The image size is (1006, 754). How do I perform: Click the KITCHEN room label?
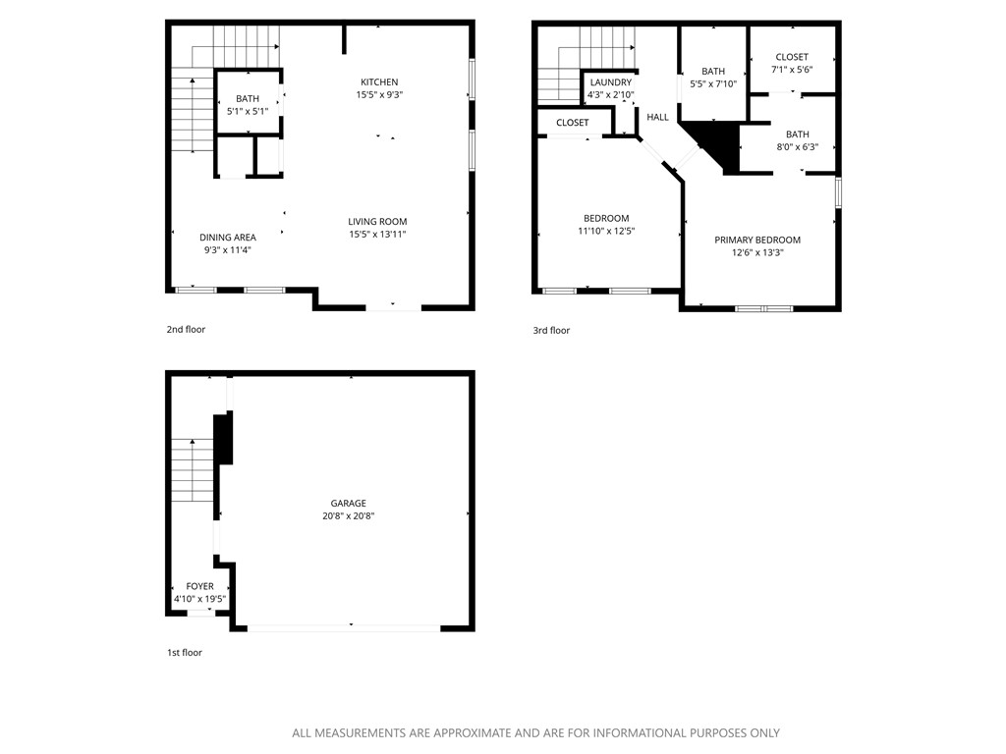[379, 81]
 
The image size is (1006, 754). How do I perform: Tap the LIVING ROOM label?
[377, 222]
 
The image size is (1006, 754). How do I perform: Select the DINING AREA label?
[228, 238]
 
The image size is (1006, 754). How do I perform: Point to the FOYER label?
[200, 586]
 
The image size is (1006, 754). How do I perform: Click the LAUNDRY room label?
[610, 82]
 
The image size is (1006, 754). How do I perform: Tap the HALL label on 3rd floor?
[657, 117]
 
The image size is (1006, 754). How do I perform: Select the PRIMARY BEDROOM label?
[757, 241]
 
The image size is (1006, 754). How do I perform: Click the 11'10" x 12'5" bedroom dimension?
[606, 232]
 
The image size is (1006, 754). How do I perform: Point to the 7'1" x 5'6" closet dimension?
[792, 70]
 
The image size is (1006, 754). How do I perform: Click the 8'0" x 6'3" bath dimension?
[797, 147]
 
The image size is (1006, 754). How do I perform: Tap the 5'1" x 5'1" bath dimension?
[248, 111]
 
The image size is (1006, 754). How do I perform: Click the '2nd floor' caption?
[186, 330]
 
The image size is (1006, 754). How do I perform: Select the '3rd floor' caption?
[551, 331]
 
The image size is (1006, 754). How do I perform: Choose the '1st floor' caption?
[184, 652]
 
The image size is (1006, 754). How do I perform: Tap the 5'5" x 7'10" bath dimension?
[713, 84]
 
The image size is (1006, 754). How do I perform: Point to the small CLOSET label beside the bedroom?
[573, 123]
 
